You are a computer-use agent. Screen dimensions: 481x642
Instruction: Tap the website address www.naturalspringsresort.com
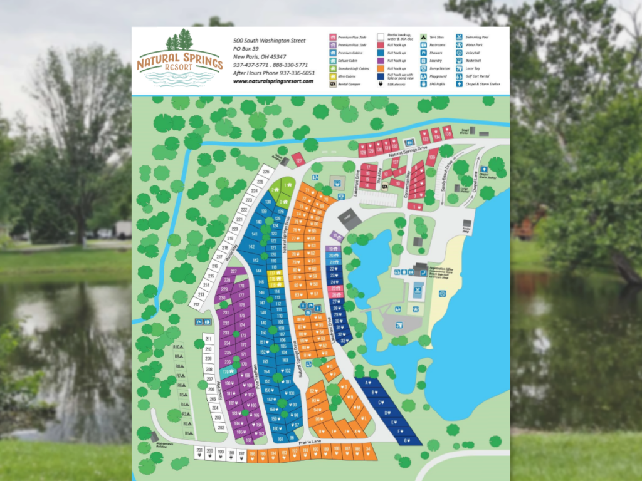pos(273,81)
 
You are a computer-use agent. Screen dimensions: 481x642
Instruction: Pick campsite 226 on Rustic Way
pos(266,172)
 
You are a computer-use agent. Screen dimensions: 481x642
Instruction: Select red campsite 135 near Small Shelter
pos(447,132)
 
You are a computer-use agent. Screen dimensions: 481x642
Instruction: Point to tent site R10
pos(179,346)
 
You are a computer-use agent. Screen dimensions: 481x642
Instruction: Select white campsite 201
pos(199,452)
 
